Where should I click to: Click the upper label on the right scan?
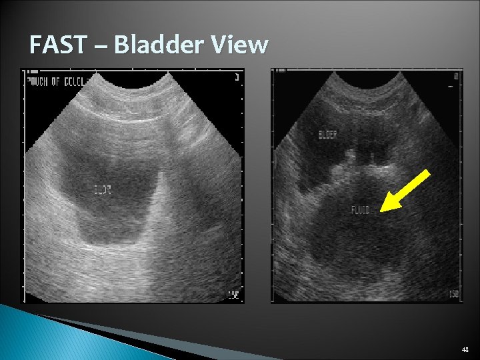[327, 134]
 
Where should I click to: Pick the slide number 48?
[464, 349]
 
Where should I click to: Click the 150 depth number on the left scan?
[233, 295]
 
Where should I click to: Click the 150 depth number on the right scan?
[453, 295]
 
